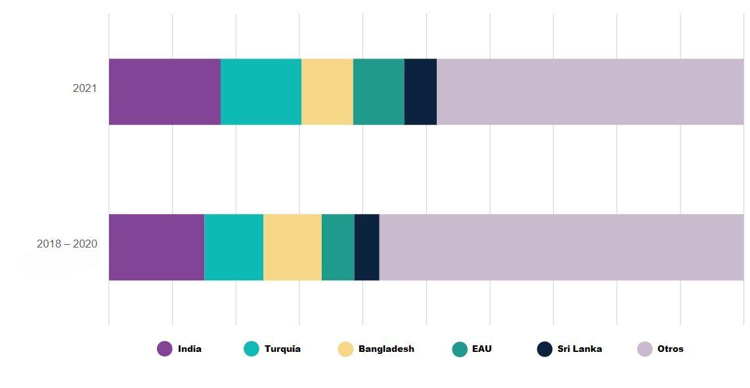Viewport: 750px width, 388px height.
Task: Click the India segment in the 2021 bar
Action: coord(165,92)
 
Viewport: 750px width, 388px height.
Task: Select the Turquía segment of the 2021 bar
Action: coord(261,92)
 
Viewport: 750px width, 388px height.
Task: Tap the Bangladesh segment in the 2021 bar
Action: coord(327,92)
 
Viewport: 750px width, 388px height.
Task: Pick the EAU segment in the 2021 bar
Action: coord(379,92)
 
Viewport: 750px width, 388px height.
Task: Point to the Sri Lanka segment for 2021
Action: coord(420,92)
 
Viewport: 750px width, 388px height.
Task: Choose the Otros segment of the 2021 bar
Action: coord(590,92)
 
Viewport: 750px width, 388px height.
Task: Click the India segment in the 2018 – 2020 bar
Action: coord(156,247)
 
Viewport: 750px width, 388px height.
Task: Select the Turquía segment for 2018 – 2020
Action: coord(234,247)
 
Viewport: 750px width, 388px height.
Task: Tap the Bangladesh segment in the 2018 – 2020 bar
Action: coord(293,247)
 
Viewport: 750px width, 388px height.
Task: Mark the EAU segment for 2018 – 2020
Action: coord(338,247)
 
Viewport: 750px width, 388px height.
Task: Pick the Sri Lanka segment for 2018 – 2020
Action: coord(367,247)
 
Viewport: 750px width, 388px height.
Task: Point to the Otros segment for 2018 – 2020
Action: coord(562,247)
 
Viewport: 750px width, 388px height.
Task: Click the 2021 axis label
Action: coord(85,88)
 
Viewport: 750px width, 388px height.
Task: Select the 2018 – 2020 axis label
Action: coord(67,244)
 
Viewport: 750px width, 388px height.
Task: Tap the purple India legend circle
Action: coord(165,349)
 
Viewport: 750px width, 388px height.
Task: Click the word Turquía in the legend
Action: coord(282,349)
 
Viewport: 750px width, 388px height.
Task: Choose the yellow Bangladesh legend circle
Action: coord(345,349)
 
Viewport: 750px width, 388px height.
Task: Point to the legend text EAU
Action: coord(481,349)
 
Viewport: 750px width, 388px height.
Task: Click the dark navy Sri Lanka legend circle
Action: coord(544,349)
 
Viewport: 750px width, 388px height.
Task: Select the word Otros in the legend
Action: coord(671,349)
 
